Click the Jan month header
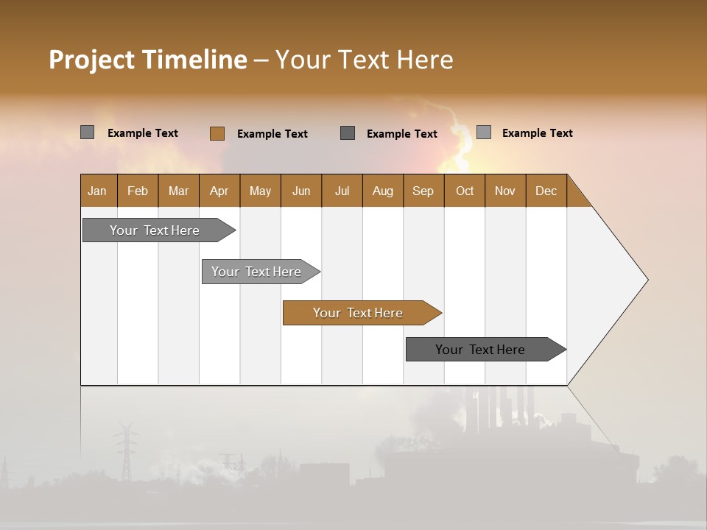[x=97, y=191]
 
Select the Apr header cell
[x=219, y=191]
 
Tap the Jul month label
[x=342, y=191]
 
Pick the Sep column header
[x=423, y=191]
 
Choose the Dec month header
[x=546, y=191]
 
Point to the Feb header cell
[x=138, y=191]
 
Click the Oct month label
[x=465, y=191]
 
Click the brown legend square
[x=217, y=133]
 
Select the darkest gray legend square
[x=348, y=132]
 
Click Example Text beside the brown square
[x=272, y=134]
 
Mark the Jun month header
[x=300, y=191]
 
